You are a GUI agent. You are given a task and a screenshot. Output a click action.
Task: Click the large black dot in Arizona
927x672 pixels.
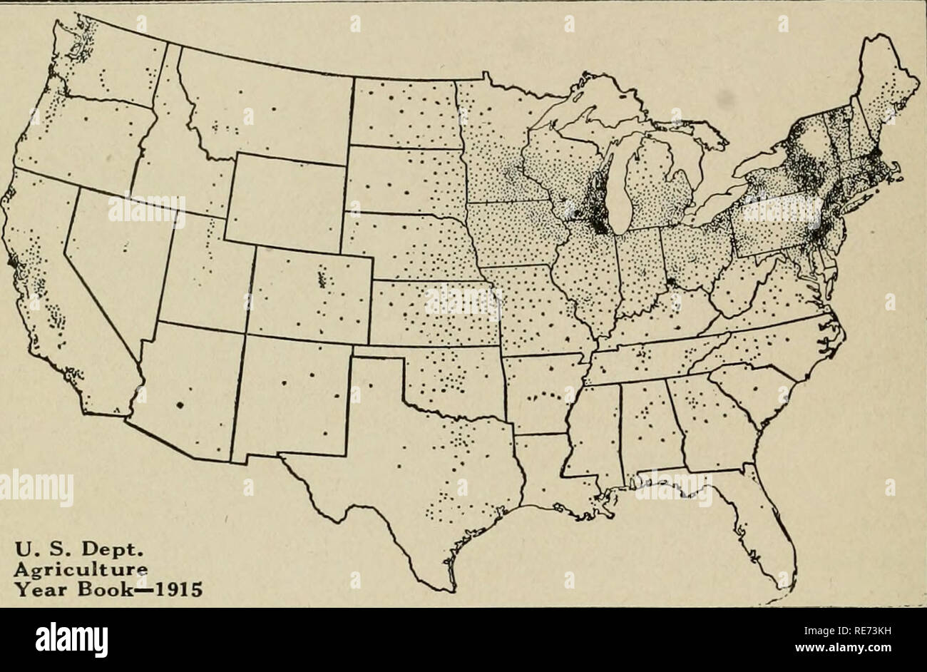[x=179, y=405]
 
